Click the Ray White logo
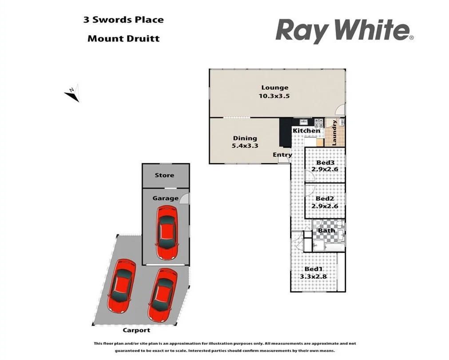tap(345, 31)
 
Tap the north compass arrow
tap(72, 93)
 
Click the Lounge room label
tap(274, 88)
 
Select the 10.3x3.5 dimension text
tap(274, 96)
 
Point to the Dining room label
tap(245, 138)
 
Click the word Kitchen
tap(306, 131)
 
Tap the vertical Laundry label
tap(334, 133)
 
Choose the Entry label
tap(282, 155)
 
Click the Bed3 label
tap(325, 163)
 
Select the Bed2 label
tap(325, 199)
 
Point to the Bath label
tap(326, 231)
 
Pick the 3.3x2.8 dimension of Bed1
tap(313, 276)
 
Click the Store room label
tap(164, 175)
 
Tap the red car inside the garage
tap(167, 233)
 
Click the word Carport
tap(136, 330)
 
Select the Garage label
tap(165, 198)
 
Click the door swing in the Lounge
tap(340, 110)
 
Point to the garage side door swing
tap(184, 198)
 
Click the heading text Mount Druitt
tap(123, 38)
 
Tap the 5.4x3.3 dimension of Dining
tap(245, 146)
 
